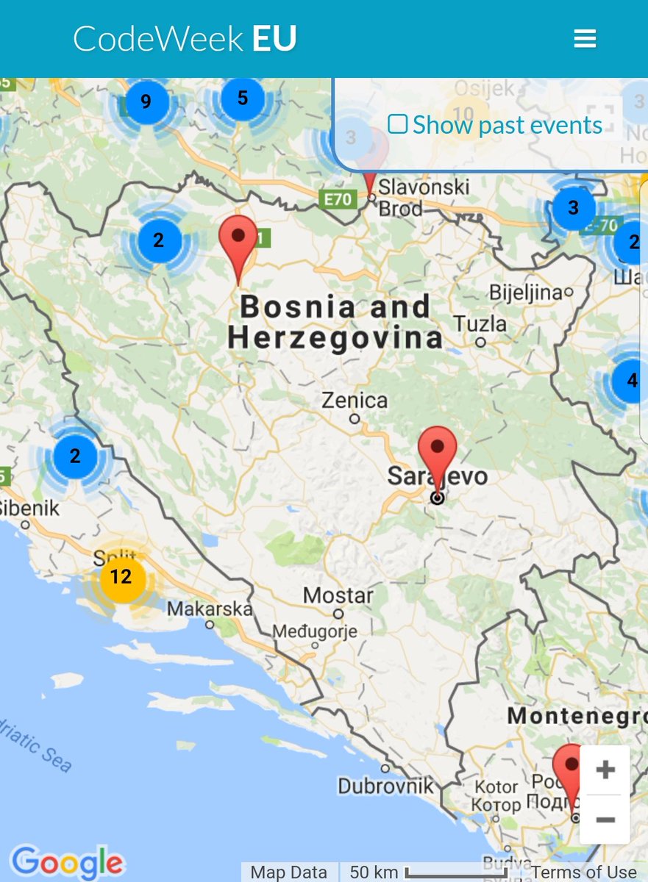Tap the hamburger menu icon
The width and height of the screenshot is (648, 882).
[585, 39]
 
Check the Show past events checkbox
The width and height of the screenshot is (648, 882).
[397, 124]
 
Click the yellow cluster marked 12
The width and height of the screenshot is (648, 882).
[121, 578]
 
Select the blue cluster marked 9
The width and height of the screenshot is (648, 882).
[146, 101]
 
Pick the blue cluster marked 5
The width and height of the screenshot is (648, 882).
[243, 98]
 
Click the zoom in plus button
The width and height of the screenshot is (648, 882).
[605, 770]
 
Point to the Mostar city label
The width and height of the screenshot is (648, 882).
[338, 595]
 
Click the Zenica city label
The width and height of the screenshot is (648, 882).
[355, 401]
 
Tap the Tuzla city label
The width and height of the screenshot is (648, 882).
[480, 324]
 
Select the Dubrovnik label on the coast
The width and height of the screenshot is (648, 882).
[385, 786]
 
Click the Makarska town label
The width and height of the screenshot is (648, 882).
[210, 609]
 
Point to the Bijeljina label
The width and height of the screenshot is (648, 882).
[525, 293]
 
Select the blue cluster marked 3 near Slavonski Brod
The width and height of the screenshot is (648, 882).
[573, 208]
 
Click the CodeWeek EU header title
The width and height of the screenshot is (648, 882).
[185, 39]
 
